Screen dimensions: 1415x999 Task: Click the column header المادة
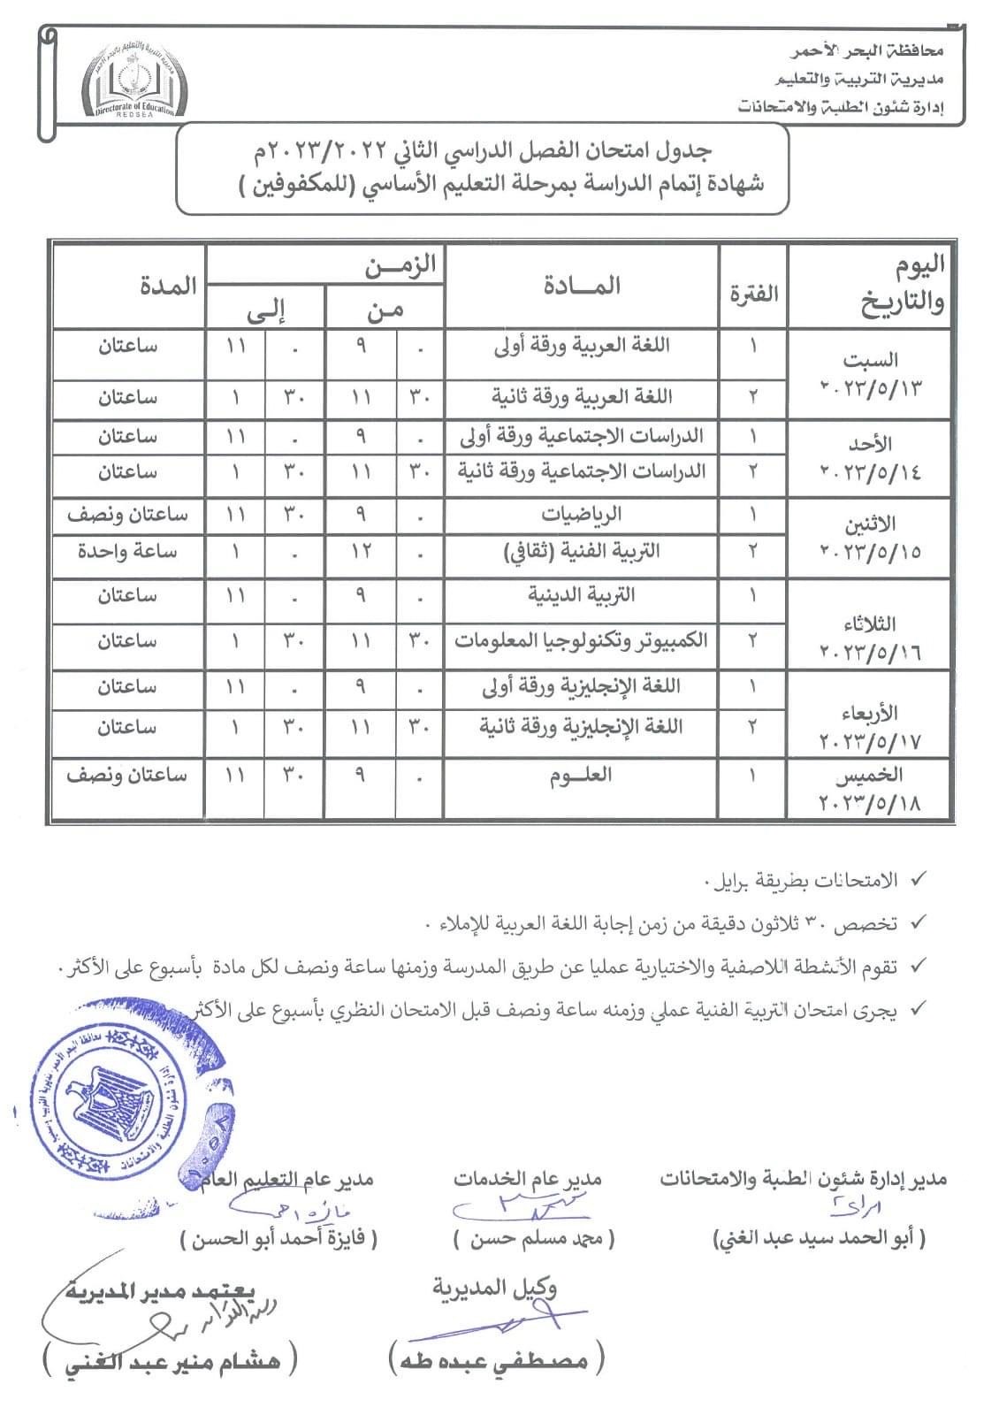pos(581,286)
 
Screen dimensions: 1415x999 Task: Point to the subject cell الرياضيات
pos(581,515)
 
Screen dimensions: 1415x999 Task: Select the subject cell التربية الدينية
pos(581,595)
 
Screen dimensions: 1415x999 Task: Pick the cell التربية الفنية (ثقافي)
pos(581,552)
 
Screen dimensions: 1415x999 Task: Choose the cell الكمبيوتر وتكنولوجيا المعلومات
pos(581,640)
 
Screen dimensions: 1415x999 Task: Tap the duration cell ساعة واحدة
pos(127,552)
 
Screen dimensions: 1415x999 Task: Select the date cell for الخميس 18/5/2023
pos(870,789)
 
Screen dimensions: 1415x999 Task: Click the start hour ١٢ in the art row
pos(361,552)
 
